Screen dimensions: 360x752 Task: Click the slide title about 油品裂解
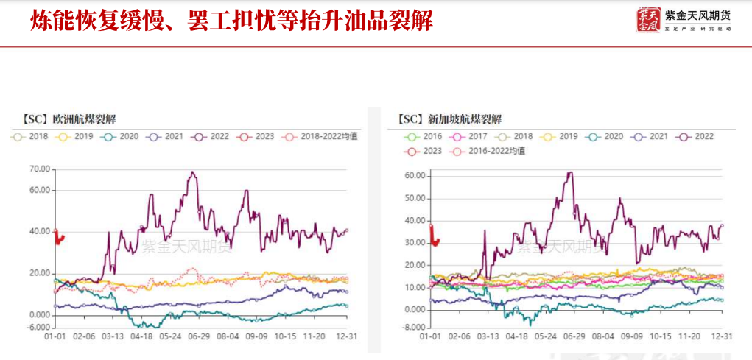click(x=231, y=20)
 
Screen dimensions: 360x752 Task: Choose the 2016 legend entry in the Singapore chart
click(x=425, y=136)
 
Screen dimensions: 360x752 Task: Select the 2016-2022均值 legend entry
click(x=493, y=151)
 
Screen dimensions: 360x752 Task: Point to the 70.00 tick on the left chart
click(x=39, y=169)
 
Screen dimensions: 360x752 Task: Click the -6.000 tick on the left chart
click(x=38, y=327)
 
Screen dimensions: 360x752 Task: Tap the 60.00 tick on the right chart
click(x=415, y=176)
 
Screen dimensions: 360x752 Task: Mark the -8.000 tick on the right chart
click(x=415, y=327)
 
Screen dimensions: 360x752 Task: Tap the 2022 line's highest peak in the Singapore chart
click(x=569, y=173)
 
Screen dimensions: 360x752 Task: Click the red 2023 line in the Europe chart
click(x=59, y=238)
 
